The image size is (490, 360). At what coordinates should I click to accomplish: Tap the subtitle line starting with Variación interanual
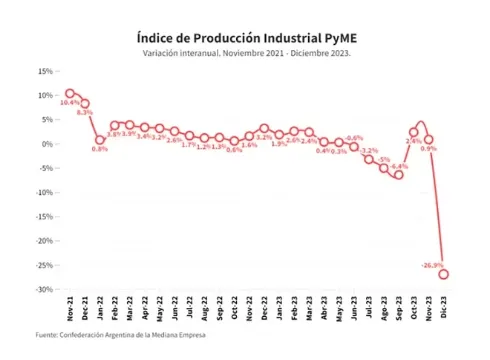pyautogui.click(x=244, y=53)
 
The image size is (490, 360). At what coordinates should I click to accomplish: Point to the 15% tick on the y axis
pyautogui.click(x=45, y=71)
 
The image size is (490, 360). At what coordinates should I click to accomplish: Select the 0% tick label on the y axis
pyautogui.click(x=48, y=144)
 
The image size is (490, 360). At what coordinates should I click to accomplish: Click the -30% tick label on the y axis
pyautogui.click(x=44, y=290)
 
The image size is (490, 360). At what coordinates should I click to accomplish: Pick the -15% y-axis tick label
pyautogui.click(x=44, y=217)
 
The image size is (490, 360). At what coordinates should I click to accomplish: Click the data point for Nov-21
pyautogui.click(x=70, y=93)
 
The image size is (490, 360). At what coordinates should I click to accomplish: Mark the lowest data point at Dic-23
pyautogui.click(x=443, y=274)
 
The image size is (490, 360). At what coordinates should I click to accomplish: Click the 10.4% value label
pyautogui.click(x=69, y=103)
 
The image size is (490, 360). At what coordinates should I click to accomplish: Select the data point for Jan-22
pyautogui.click(x=100, y=140)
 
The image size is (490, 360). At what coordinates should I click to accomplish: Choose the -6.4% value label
pyautogui.click(x=399, y=166)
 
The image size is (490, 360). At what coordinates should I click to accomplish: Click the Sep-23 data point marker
pyautogui.click(x=398, y=175)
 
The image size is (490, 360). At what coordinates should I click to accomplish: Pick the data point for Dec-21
pyautogui.click(x=85, y=103)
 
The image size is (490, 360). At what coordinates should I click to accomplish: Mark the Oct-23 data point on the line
pyautogui.click(x=413, y=132)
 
